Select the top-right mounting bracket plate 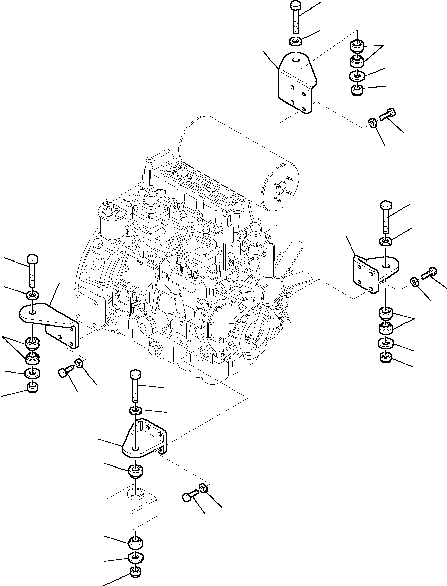[x=296, y=83]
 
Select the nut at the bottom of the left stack [x=32, y=387]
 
